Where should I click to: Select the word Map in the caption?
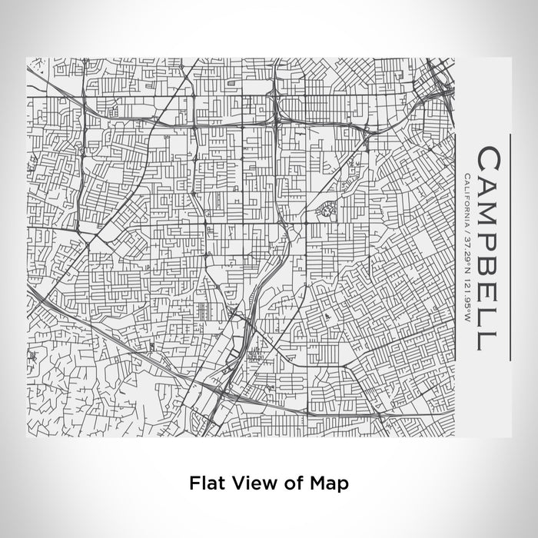(327, 483)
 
